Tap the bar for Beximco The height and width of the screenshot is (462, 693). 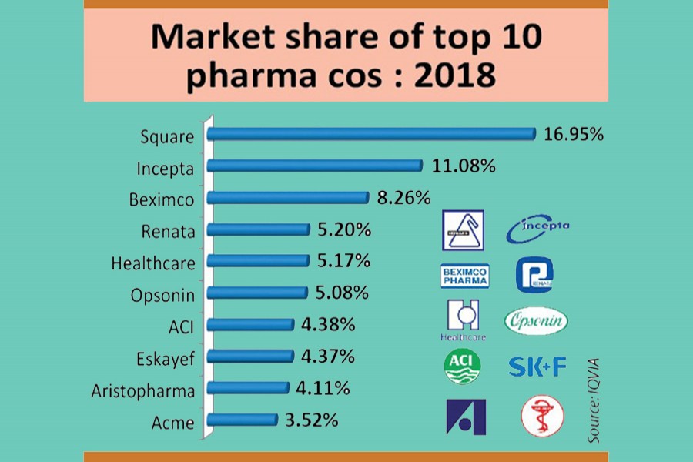289,198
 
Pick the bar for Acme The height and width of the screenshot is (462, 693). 243,420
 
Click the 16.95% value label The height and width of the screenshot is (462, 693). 574,135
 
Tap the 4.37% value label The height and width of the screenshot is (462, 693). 328,357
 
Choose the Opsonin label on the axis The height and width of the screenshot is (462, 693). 162,293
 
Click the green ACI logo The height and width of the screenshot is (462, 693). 463,367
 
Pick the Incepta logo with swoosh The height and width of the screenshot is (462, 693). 538,227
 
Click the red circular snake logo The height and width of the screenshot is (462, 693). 541,417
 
